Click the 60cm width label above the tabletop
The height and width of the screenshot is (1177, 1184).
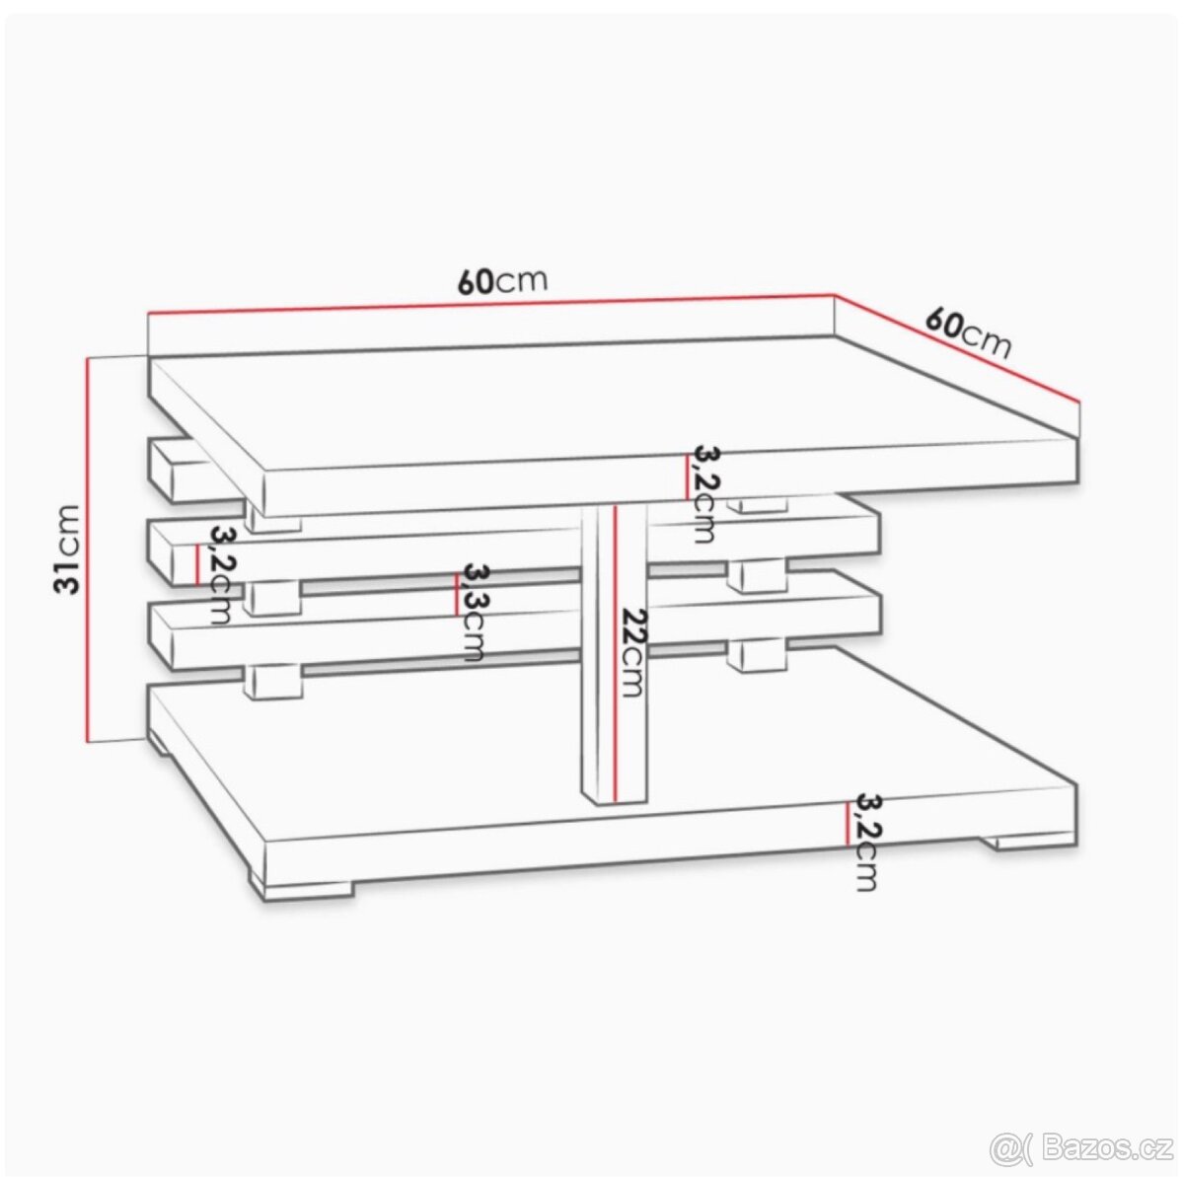(x=501, y=281)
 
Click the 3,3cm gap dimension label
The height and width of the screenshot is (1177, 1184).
(x=474, y=612)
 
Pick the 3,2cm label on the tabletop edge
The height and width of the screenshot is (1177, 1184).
(x=703, y=493)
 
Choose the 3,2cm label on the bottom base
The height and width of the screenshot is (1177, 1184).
(x=865, y=842)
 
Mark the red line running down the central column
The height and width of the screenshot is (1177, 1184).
(x=614, y=651)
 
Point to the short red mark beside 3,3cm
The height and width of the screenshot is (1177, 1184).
(x=455, y=595)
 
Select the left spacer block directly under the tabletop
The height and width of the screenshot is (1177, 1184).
(x=273, y=520)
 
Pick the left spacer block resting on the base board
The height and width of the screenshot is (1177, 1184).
(x=273, y=680)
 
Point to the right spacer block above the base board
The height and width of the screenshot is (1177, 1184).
(x=757, y=653)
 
